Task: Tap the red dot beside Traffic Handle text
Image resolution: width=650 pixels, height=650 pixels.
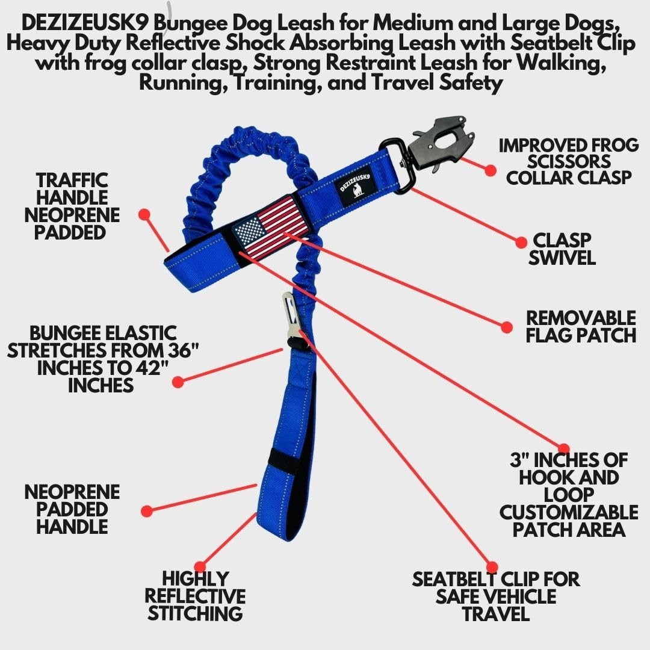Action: pos(144,214)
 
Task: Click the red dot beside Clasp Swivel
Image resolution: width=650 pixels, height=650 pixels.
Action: pos(521,242)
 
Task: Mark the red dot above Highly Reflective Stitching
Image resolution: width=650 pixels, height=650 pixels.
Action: pos(200,566)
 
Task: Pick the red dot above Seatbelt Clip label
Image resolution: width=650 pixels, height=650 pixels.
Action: pos(492,566)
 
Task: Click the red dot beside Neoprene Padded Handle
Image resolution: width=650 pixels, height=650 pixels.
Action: pos(146,511)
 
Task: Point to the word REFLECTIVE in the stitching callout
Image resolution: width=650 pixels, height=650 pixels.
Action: pos(195,596)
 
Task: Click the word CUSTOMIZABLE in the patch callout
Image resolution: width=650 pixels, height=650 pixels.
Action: pos(568,512)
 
